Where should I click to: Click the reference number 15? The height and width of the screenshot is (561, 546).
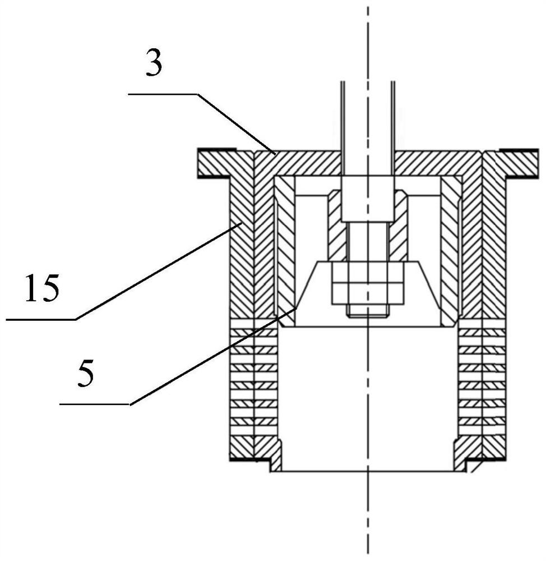42,289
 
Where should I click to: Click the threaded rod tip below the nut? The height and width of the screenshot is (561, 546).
367,312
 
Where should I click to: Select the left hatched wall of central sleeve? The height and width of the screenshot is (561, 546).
336,224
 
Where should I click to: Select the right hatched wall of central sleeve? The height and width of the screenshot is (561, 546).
399,224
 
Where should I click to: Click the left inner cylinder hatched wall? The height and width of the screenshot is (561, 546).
285,247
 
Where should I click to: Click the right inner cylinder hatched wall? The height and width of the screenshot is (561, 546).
450,247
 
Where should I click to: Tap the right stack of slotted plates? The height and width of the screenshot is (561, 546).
482,381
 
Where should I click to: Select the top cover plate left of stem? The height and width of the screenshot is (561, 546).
303,162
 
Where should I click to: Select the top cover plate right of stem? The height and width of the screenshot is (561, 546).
437,162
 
